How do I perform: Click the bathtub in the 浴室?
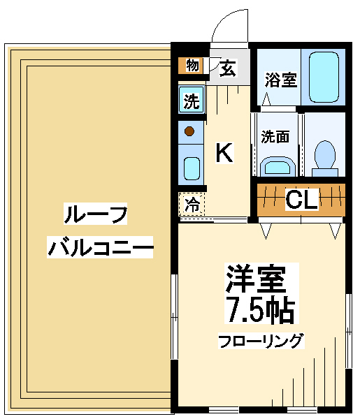click(324, 77)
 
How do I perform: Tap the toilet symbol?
click(325, 159)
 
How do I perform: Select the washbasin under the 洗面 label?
click(278, 166)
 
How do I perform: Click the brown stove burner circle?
click(189, 131)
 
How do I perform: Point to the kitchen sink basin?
click(192, 168)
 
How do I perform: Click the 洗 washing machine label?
click(192, 101)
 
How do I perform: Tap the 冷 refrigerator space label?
click(192, 205)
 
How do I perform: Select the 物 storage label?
click(193, 65)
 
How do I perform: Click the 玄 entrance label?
click(228, 68)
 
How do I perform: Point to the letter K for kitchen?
click(224, 152)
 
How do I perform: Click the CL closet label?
click(302, 199)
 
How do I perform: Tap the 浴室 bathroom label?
click(281, 80)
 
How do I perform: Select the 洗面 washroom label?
click(275, 136)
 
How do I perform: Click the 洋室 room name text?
click(256, 279)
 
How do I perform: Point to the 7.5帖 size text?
click(260, 309)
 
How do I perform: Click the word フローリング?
click(261, 341)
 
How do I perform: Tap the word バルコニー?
click(100, 247)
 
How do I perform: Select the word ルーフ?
click(95, 214)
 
